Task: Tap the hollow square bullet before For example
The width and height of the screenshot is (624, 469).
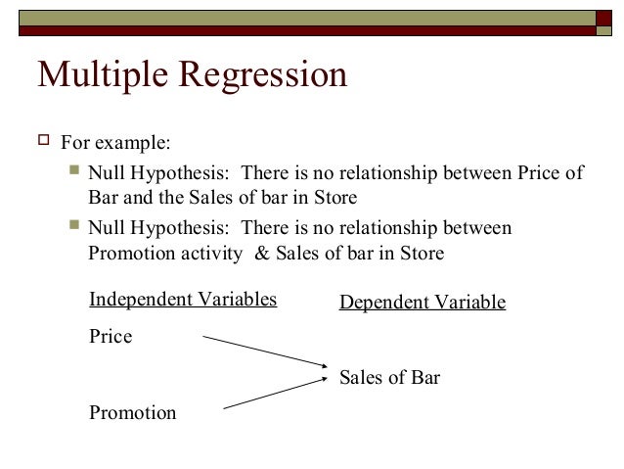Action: click(43, 143)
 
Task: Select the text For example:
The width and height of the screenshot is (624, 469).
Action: click(115, 144)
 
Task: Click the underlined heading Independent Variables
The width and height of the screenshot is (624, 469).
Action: click(183, 299)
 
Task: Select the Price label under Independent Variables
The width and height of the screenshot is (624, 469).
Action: click(110, 336)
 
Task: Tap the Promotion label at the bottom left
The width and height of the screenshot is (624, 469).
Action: click(132, 412)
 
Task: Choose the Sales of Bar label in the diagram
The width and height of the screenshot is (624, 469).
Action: click(389, 377)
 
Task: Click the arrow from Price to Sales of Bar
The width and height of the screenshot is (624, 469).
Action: click(264, 353)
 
